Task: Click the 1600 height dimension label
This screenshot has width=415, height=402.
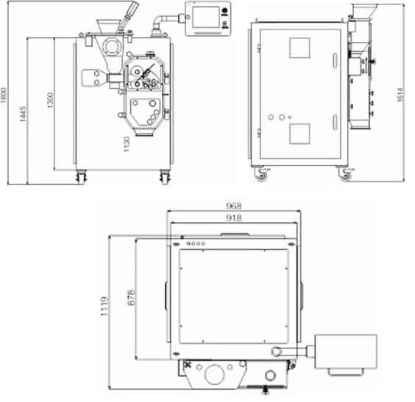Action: pyautogui.click(x=4, y=95)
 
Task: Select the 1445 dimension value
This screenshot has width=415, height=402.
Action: pyautogui.click(x=24, y=114)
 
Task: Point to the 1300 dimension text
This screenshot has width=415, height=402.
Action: pyautogui.click(x=50, y=100)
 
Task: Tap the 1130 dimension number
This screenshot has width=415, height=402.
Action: pyautogui.click(x=127, y=144)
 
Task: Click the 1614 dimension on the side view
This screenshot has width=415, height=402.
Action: pyautogui.click(x=400, y=95)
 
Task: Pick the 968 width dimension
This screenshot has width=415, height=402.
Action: pyautogui.click(x=234, y=205)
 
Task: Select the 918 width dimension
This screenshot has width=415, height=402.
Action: pyautogui.click(x=234, y=218)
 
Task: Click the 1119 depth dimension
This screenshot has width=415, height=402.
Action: pyautogui.click(x=104, y=306)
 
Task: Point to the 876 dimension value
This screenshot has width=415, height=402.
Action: pyautogui.click(x=131, y=298)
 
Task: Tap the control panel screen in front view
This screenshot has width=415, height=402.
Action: pyautogui.click(x=206, y=17)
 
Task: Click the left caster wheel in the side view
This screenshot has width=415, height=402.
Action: pyautogui.click(x=260, y=174)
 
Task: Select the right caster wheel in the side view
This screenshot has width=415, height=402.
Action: pyautogui.click(x=345, y=174)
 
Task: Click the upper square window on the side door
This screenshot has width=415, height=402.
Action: pyautogui.click(x=299, y=48)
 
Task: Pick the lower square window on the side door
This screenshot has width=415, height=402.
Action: pyautogui.click(x=299, y=134)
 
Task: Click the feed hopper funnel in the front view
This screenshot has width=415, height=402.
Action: pyautogui.click(x=107, y=26)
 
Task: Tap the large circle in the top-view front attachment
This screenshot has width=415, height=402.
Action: pyautogui.click(x=215, y=375)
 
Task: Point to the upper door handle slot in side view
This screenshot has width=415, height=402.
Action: pyautogui.click(x=335, y=60)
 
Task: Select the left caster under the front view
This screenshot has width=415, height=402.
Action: pyautogui.click(x=81, y=176)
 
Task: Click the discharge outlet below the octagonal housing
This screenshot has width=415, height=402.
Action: pyautogui.click(x=144, y=133)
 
